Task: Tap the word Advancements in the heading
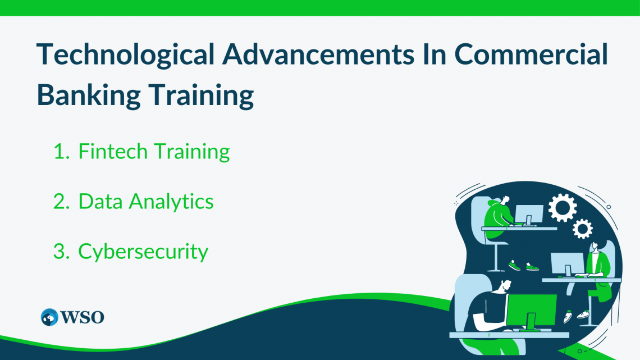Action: click(x=318, y=54)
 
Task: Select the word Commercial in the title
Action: click(x=531, y=54)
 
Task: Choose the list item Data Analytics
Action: click(x=146, y=202)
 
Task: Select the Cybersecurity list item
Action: click(x=143, y=252)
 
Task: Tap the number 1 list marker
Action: click(x=61, y=152)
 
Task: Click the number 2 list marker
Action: click(x=61, y=202)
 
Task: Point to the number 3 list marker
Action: click(x=61, y=252)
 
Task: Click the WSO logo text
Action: click(x=83, y=317)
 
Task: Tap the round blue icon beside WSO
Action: click(x=49, y=317)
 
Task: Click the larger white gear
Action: click(x=563, y=208)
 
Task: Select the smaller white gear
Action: click(x=582, y=229)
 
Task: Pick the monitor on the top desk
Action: click(x=529, y=215)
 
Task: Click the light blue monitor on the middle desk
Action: click(x=568, y=264)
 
